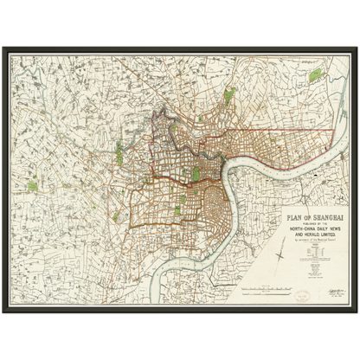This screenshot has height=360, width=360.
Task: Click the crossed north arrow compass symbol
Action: point(284,256)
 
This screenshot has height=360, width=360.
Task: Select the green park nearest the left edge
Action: point(33,185)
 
